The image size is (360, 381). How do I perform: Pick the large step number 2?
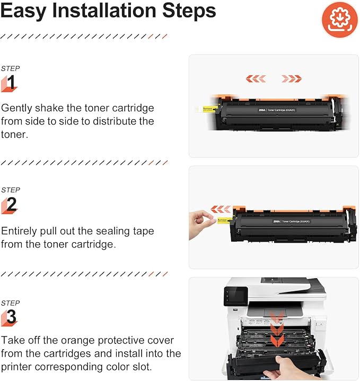pos(11,205)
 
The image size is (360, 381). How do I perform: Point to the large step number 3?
pos(11,317)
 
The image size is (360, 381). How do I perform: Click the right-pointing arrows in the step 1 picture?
pos(292,78)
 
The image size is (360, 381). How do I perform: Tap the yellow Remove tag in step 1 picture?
pos(207,109)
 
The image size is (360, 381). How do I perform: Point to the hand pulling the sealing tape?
pos(200,218)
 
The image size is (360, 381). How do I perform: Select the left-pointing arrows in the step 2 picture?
pos(221,209)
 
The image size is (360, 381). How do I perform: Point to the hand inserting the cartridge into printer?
pos(286,368)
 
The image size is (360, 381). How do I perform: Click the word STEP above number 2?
pos(10,190)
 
